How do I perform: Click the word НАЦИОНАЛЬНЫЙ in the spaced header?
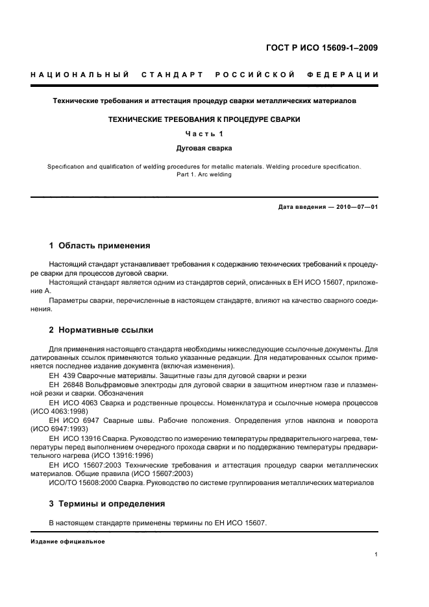pos(79,76)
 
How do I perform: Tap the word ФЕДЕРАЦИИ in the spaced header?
pos(351,76)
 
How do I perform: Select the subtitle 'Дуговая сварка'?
pos(204,148)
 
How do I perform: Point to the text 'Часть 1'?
pos(204,134)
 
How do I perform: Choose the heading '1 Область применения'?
pos(100,246)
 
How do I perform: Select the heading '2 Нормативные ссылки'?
pos(101,329)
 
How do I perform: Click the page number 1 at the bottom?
pos(376,554)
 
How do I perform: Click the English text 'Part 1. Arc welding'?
pos(204,174)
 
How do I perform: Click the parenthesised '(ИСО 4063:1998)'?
pos(60,411)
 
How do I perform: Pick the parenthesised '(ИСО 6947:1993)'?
pos(60,429)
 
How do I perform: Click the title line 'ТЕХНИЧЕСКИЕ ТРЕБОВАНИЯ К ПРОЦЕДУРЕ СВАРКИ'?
pos(204,120)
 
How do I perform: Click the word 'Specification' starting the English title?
pos(66,166)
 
